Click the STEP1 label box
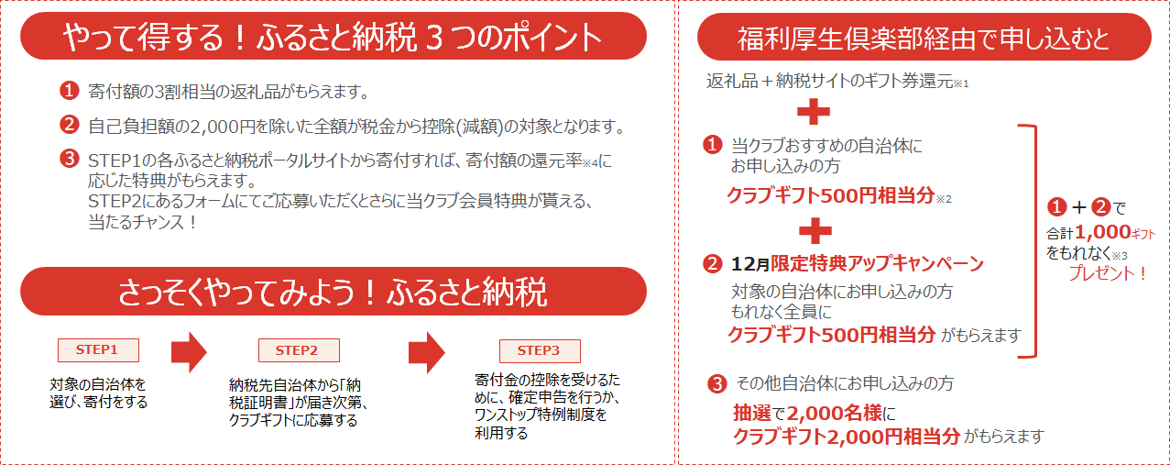click(x=97, y=349)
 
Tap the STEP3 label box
click(x=539, y=350)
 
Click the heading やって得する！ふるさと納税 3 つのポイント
click(x=334, y=37)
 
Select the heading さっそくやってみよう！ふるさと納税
click(x=334, y=292)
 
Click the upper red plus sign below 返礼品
click(x=814, y=113)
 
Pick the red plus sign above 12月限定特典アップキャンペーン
click(x=814, y=228)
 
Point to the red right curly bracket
click(x=1029, y=240)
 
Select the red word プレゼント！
click(x=1108, y=274)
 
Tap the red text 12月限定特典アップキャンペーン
click(x=877, y=264)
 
